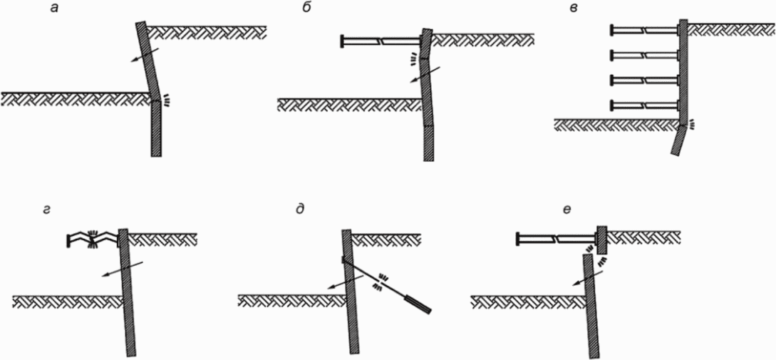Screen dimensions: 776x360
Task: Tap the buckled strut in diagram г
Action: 93,240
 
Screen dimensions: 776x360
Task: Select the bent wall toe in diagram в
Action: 678,140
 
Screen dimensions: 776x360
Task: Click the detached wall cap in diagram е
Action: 601,240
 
